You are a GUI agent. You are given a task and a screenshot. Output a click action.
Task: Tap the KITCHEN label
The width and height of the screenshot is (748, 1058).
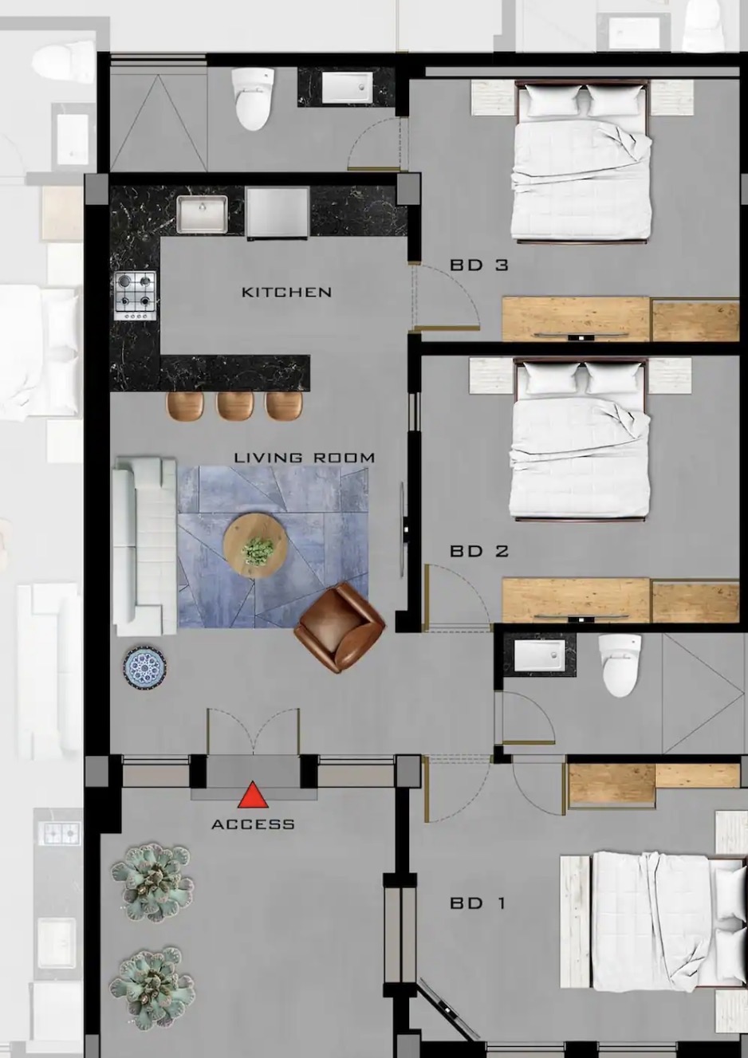click(x=286, y=293)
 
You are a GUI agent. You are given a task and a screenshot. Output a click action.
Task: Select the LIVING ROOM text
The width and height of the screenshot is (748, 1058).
click(x=305, y=457)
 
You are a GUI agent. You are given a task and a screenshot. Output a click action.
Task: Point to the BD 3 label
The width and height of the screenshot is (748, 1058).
click(x=478, y=265)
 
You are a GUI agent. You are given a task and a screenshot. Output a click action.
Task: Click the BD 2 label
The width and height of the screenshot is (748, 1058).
click(x=478, y=551)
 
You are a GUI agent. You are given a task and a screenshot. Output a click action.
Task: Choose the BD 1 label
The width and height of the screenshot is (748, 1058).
click(x=478, y=904)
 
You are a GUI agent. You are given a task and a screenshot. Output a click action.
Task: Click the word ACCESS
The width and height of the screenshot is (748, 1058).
click(x=253, y=824)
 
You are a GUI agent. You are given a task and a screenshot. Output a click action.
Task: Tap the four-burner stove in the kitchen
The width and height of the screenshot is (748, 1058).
click(x=135, y=296)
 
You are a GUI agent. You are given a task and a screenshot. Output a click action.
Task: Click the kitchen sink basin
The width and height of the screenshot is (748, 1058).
click(x=202, y=214)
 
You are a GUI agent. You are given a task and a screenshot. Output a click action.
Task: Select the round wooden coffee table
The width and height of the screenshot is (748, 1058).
click(x=256, y=545)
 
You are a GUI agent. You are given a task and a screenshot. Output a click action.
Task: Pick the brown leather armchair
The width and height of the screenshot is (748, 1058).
click(x=340, y=627)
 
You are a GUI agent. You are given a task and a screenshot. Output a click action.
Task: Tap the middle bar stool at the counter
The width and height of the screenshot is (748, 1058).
click(x=234, y=405)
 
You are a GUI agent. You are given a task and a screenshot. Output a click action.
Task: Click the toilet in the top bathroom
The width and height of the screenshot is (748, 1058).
click(x=253, y=99)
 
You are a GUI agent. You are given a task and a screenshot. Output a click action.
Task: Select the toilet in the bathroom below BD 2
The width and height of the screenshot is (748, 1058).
click(x=620, y=666)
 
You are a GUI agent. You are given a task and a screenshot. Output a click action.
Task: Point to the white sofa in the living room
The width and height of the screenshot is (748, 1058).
click(x=144, y=546)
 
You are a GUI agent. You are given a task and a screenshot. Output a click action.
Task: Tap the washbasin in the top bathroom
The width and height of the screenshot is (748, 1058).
click(x=347, y=88)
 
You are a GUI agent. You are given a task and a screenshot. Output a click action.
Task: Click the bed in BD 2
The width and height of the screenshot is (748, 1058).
click(x=581, y=439)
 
